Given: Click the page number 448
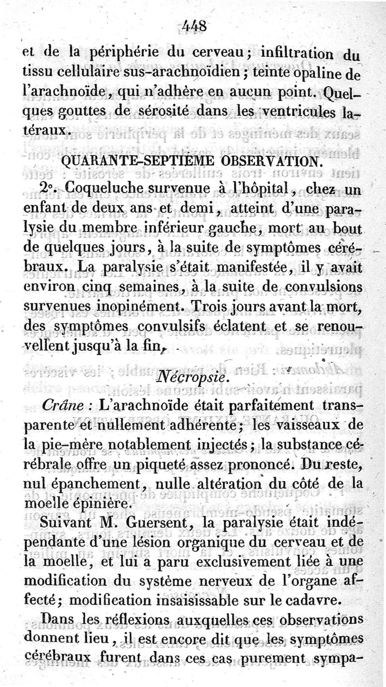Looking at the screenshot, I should pyautogui.click(x=194, y=25).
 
